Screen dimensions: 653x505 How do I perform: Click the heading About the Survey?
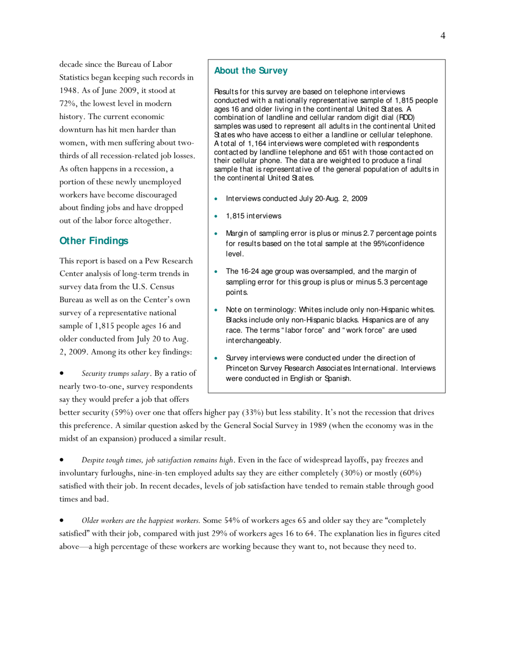(x=250, y=71)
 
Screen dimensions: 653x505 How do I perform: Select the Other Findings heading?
(x=94, y=241)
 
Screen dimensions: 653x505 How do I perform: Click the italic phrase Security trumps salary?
(x=111, y=374)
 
